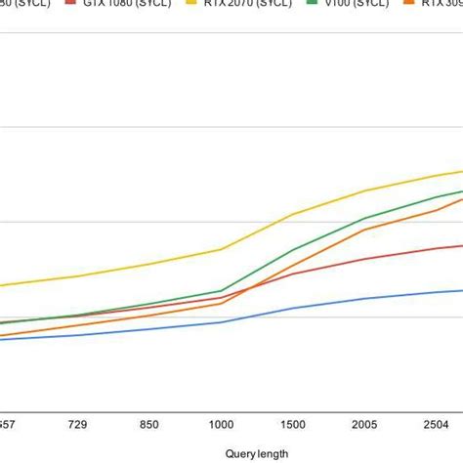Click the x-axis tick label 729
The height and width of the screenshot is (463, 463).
[79, 426]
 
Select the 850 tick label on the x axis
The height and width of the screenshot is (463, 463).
[149, 426]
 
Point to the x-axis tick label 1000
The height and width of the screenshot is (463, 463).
[221, 426]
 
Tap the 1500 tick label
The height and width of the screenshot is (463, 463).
[292, 426]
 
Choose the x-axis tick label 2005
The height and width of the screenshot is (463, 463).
[363, 426]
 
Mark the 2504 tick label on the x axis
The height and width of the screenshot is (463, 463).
[435, 426]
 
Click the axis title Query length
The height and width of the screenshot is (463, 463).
[257, 453]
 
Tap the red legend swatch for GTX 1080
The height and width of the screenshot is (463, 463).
[71, 5]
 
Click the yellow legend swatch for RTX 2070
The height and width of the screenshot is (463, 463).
[192, 5]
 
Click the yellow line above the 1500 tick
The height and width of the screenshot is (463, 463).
[292, 214]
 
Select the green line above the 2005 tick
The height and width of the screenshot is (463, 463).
[363, 219]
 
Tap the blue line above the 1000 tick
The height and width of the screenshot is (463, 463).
[221, 322]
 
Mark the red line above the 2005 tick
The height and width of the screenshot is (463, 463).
[363, 259]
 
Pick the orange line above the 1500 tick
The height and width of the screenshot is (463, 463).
[292, 265]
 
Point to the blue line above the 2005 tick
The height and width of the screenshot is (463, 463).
[363, 299]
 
